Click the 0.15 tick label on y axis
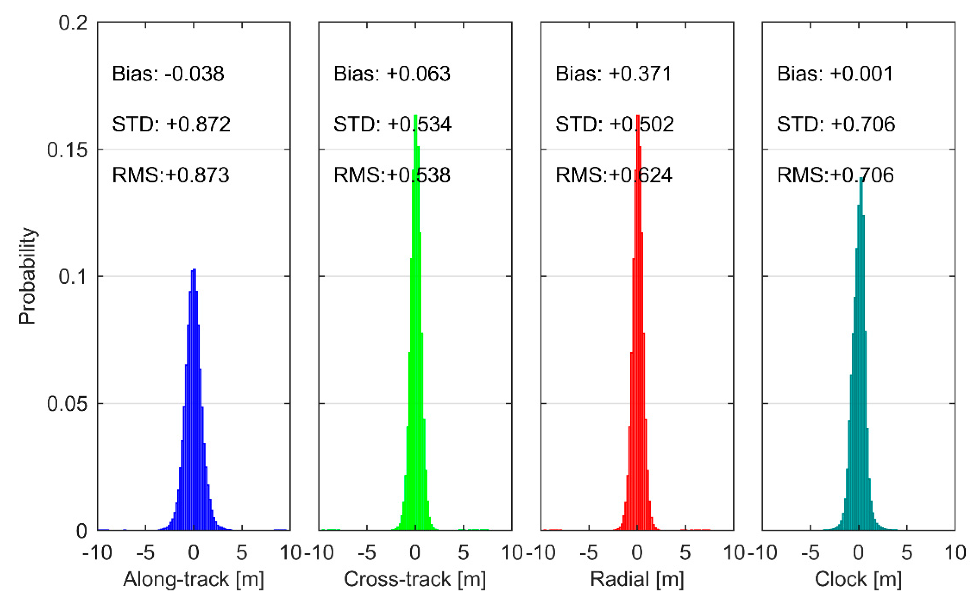coord(67,150)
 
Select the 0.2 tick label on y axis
coord(73,23)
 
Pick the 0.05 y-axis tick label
coord(67,404)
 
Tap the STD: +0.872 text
coord(171,124)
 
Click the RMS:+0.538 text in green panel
coord(392,175)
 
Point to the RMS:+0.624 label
coord(614,175)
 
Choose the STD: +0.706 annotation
coord(836,124)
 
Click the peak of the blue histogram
coord(194,270)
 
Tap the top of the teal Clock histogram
coord(860,179)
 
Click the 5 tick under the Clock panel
coord(907,553)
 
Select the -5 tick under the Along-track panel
coord(145,553)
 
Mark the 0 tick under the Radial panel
coord(637,553)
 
